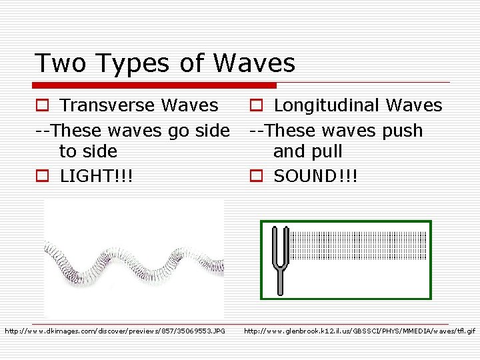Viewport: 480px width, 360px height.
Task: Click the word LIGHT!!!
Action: point(96,176)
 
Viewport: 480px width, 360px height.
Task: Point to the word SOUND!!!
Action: point(315,176)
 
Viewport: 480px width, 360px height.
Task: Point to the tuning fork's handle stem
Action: point(281,281)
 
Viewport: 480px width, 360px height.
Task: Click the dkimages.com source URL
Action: point(115,331)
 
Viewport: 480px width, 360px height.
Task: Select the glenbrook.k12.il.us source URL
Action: point(359,331)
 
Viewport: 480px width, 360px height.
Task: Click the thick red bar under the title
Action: point(155,85)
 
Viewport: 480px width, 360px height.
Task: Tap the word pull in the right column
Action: point(327,151)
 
